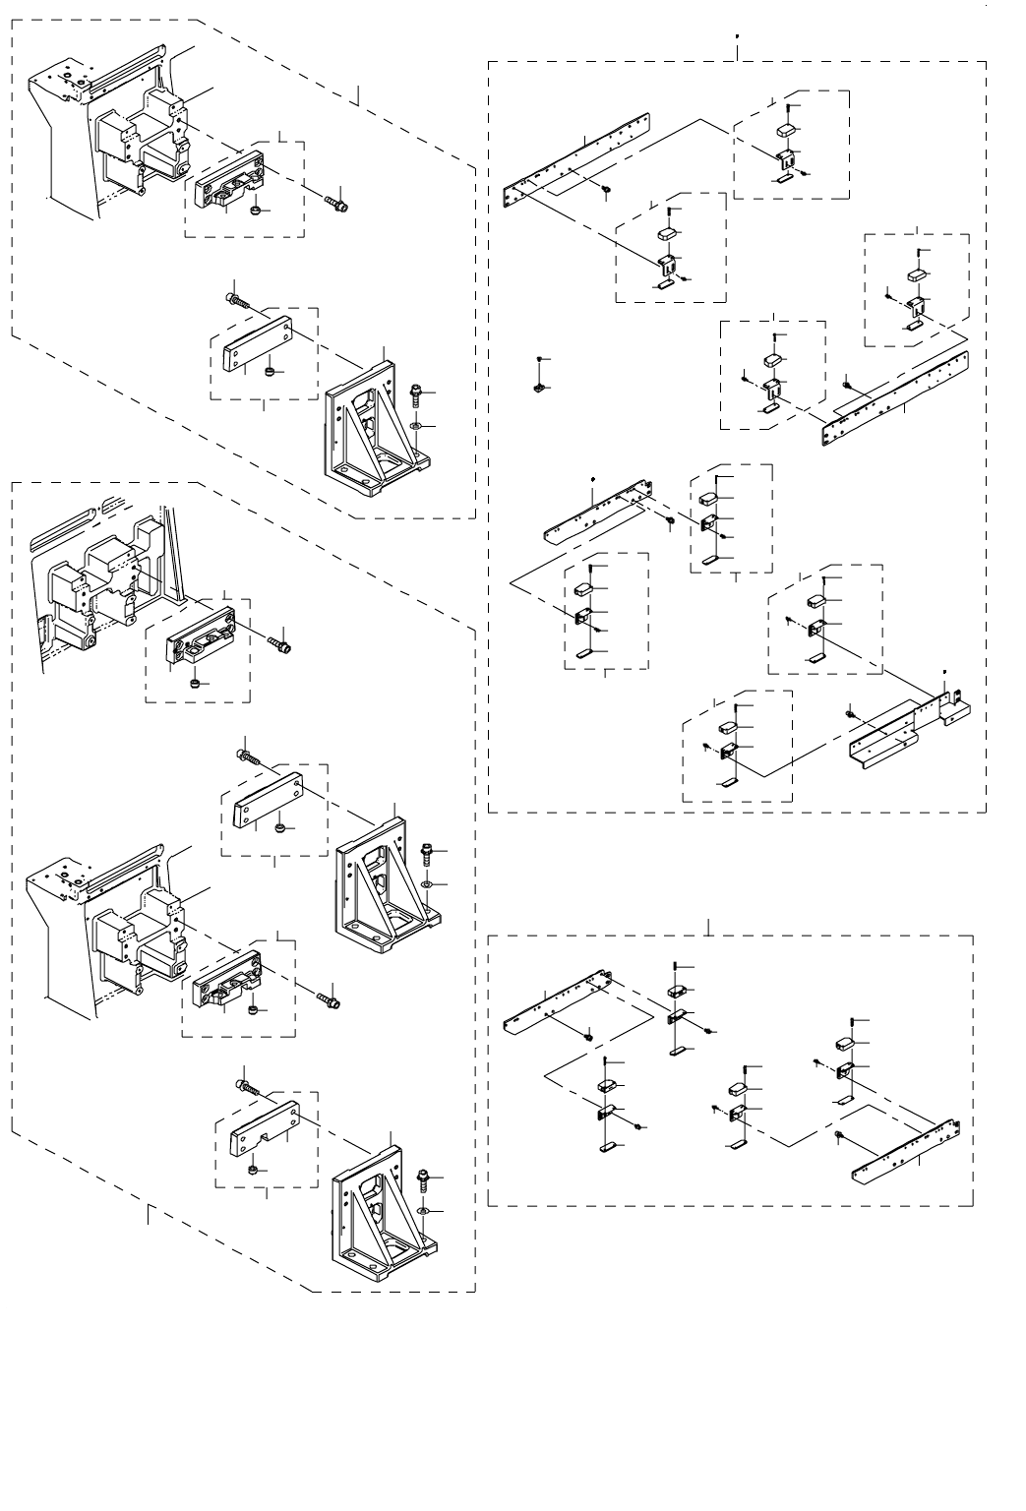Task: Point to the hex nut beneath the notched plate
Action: point(253,1170)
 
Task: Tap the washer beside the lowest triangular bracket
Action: point(423,1208)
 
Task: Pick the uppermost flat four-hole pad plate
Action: point(257,343)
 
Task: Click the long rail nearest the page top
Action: point(576,158)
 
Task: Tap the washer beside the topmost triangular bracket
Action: point(417,426)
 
